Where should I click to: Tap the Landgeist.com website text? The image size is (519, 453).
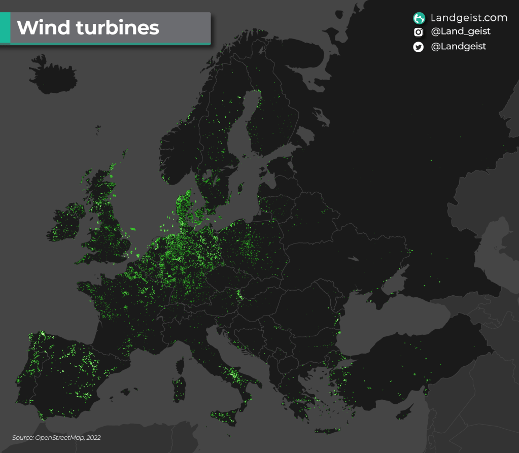pos(469,18)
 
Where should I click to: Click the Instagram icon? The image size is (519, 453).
pos(419,32)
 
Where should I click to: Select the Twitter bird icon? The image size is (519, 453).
pos(419,47)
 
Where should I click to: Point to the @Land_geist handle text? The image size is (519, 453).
pos(461,31)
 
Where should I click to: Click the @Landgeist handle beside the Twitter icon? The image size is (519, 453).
pos(458,46)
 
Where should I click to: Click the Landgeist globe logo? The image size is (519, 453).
pos(419,18)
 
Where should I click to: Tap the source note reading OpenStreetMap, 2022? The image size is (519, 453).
pos(56,437)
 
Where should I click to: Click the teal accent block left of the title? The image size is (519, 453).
pos(5,28)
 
